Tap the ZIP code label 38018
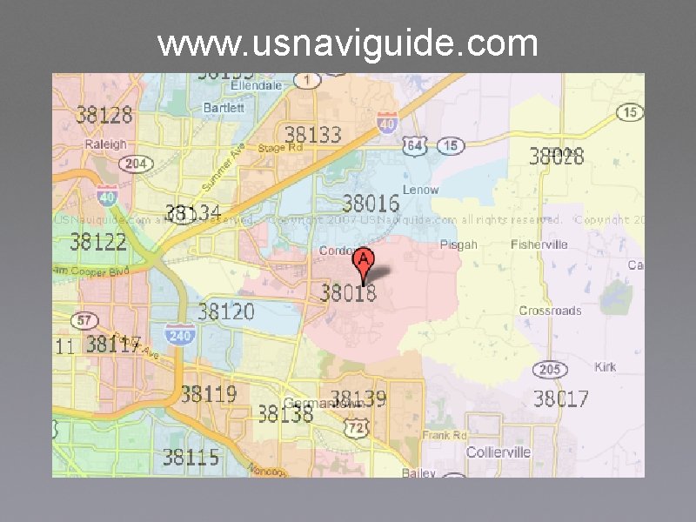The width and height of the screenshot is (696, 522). tap(348, 292)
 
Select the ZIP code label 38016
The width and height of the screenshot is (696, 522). tap(371, 204)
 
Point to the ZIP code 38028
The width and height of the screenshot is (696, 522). tap(557, 157)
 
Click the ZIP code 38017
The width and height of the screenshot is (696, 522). tap(560, 399)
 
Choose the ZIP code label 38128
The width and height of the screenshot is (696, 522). tap(104, 114)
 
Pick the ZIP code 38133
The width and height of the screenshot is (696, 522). tap(313, 134)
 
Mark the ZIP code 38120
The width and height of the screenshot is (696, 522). tap(226, 311)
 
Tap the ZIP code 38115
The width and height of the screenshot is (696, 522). tap(191, 457)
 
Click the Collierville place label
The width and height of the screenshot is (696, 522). tap(498, 452)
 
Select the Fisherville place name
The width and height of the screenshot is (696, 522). tap(539, 244)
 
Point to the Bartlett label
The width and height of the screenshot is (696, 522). tap(224, 108)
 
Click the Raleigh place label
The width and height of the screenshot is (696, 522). tap(105, 144)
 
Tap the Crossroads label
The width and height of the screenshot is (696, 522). tap(550, 311)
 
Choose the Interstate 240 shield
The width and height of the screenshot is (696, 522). tap(179, 334)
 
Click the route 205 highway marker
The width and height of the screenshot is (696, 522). tap(549, 370)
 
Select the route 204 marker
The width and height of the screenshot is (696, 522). tap(136, 164)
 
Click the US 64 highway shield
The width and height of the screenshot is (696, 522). tap(416, 145)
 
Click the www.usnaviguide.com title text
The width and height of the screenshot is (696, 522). tap(348, 43)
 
